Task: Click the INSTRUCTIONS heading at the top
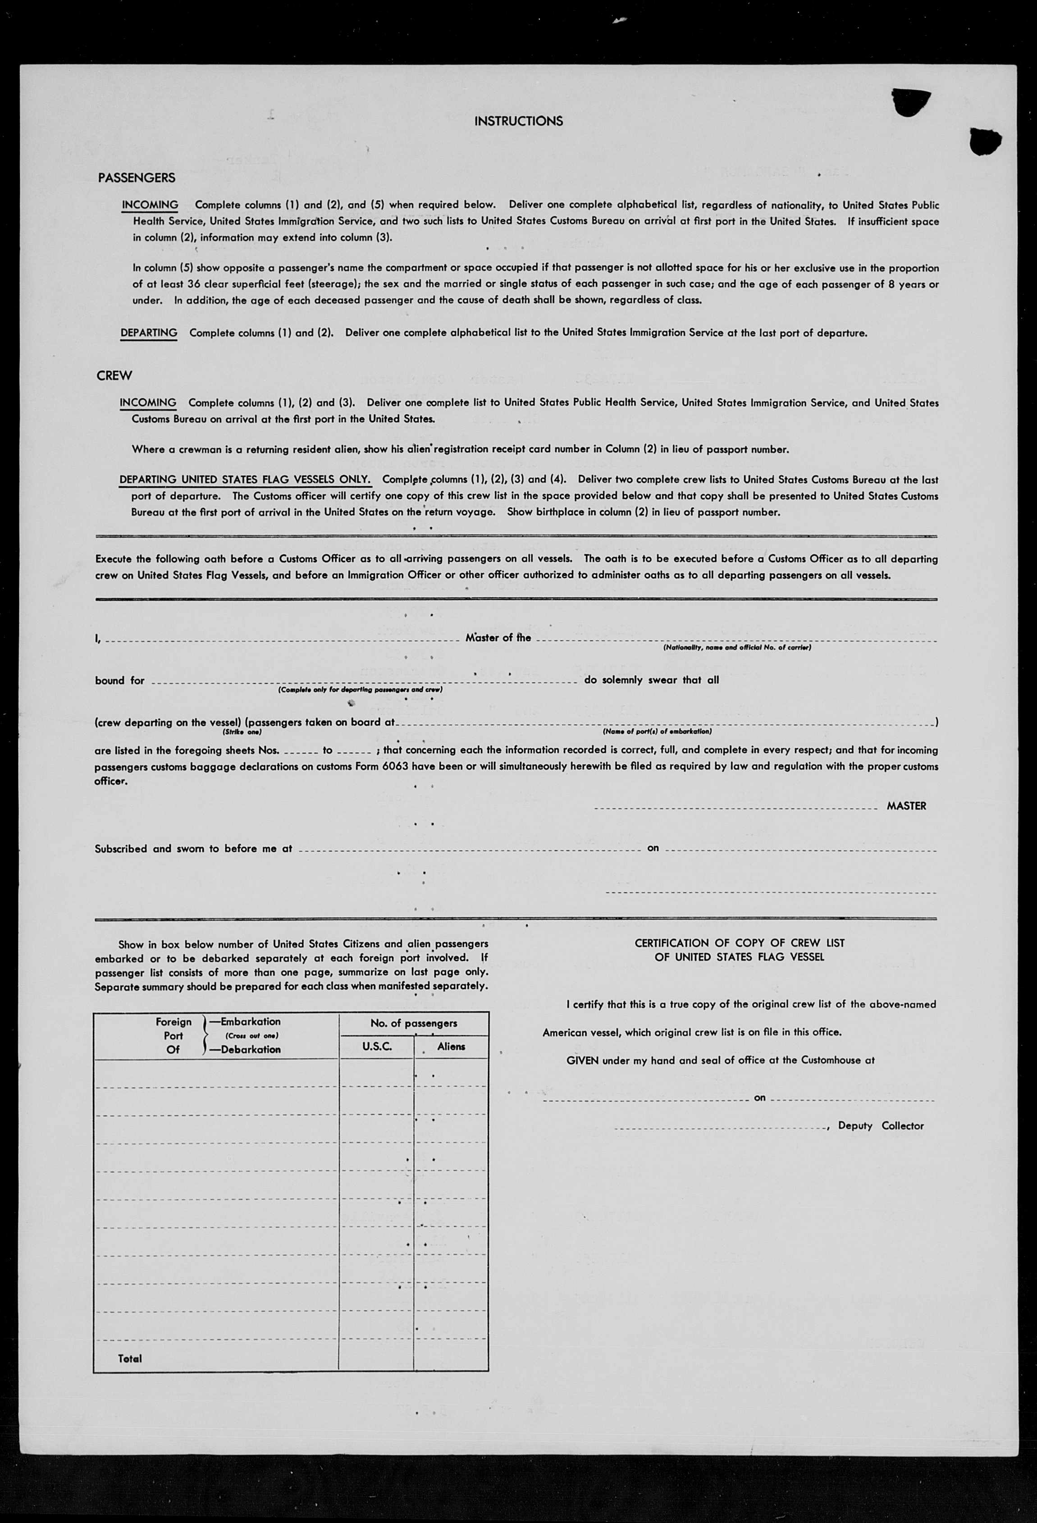[x=518, y=121]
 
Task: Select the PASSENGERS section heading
[x=136, y=178]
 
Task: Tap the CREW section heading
[x=114, y=375]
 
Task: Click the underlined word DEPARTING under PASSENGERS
[x=149, y=333]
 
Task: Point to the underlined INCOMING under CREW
[x=147, y=402]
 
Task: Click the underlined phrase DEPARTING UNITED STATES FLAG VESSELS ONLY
[x=244, y=480]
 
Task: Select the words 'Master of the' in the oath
[x=498, y=638]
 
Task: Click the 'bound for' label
[x=119, y=680]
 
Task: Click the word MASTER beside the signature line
[x=906, y=806]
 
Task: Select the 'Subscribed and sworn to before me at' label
[x=193, y=849]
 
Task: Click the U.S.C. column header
[x=377, y=1047]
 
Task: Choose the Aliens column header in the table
[x=452, y=1047]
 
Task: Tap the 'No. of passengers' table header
[x=413, y=1023]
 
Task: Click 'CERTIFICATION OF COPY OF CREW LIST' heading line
[x=740, y=943]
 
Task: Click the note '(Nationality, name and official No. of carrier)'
[x=736, y=648]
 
